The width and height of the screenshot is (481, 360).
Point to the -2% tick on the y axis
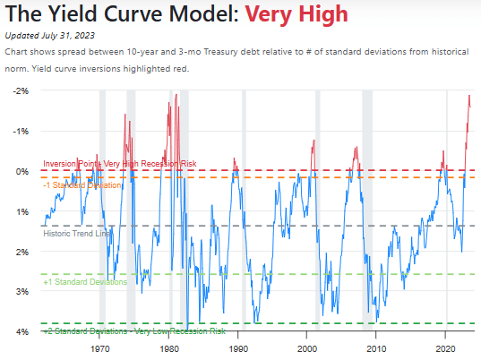click(21, 90)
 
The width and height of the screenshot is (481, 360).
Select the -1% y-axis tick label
click(21, 131)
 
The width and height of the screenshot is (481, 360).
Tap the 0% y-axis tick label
click(22, 171)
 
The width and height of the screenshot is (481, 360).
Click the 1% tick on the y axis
click(22, 211)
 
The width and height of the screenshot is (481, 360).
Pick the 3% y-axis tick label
click(22, 292)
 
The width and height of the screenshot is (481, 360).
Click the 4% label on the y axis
click(22, 332)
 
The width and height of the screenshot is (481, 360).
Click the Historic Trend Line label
click(77, 233)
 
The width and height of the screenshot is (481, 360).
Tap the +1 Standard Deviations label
click(85, 282)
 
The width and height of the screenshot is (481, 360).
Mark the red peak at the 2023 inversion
click(468, 96)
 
